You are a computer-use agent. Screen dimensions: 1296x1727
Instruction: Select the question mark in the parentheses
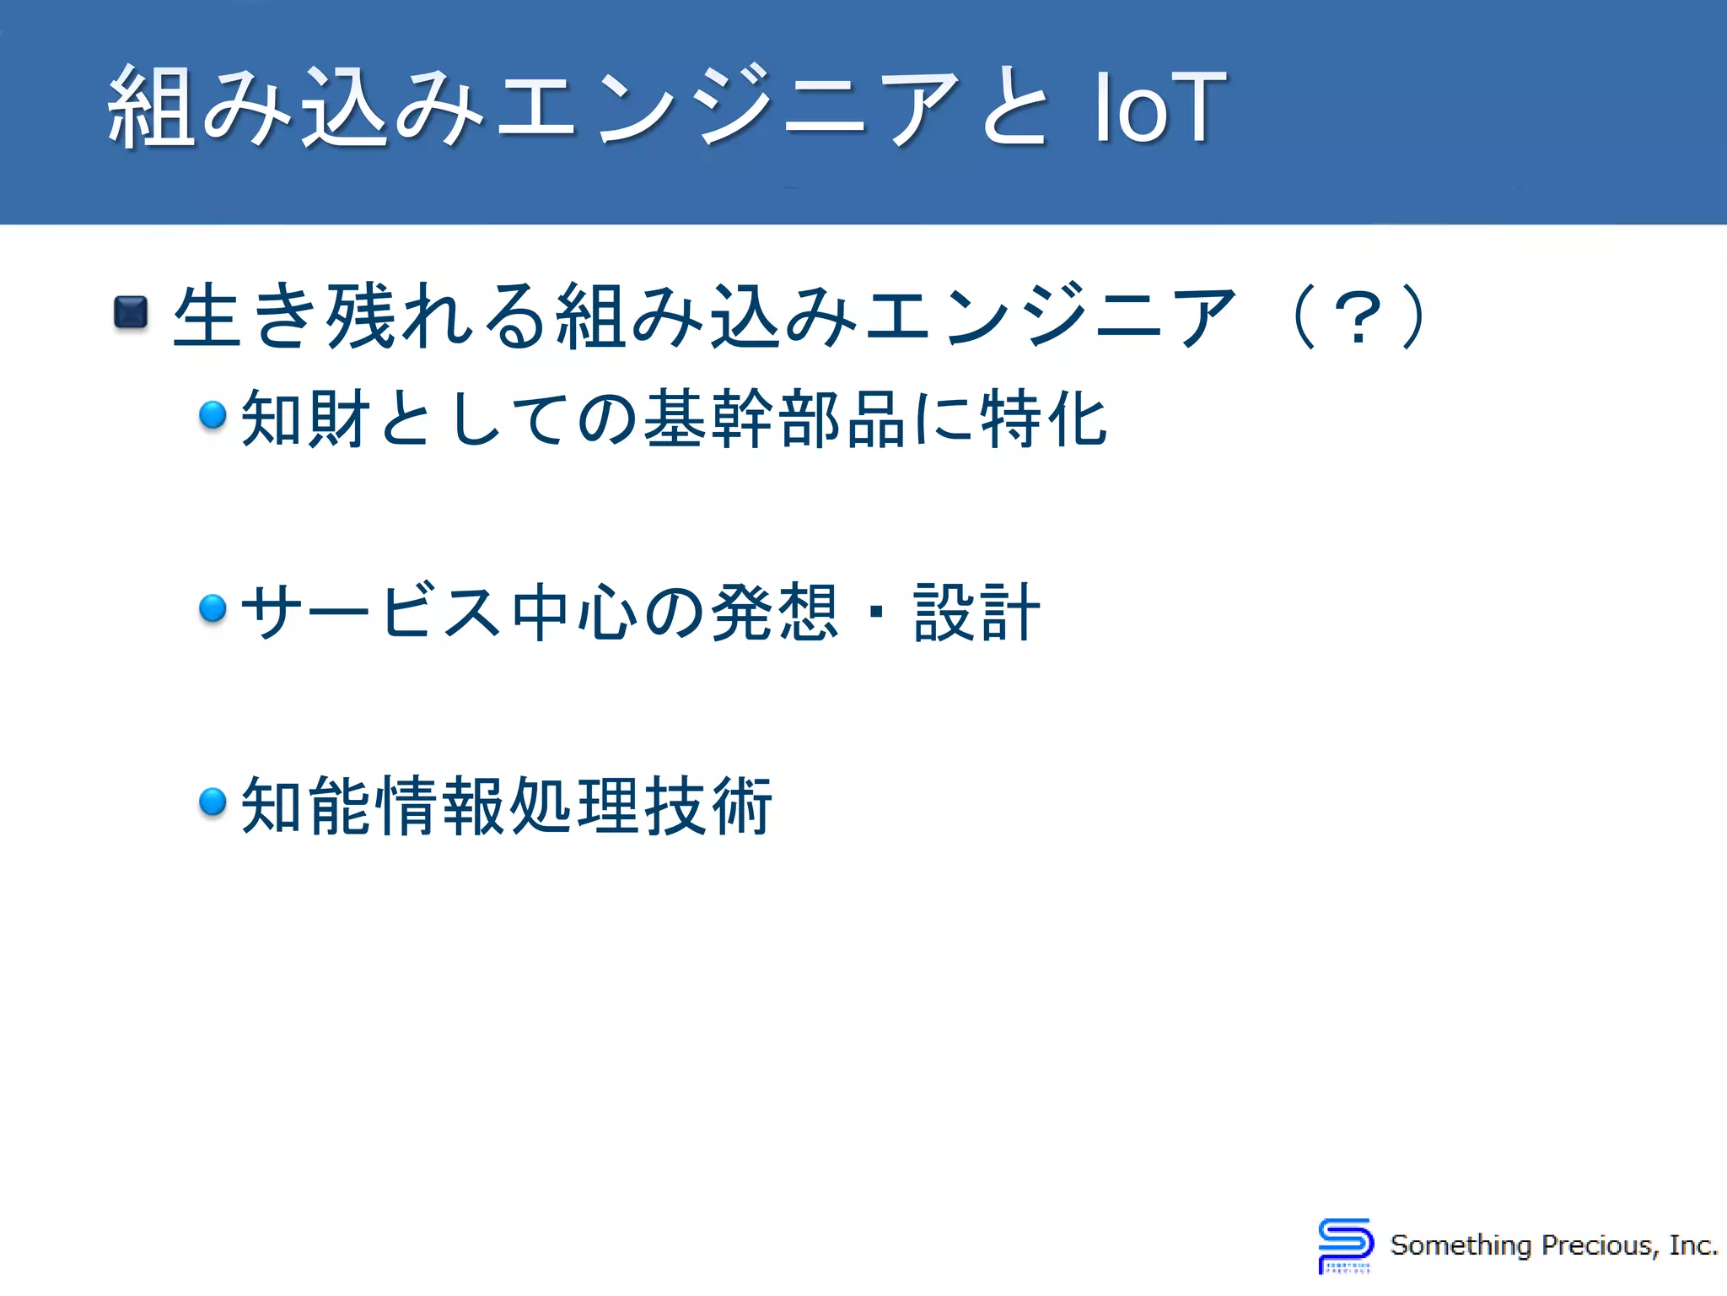tap(1358, 317)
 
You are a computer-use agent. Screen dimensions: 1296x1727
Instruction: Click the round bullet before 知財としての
tap(213, 414)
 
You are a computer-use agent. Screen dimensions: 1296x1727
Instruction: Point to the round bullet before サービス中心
tap(213, 607)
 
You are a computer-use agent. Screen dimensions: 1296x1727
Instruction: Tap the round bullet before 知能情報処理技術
tap(213, 801)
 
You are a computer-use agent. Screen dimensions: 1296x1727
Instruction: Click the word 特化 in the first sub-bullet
tap(1044, 418)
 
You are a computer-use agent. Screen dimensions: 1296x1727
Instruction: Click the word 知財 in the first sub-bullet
tap(307, 418)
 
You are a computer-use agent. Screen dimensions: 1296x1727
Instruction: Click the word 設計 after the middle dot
tap(976, 612)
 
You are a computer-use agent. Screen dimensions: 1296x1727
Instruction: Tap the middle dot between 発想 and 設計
tap(877, 612)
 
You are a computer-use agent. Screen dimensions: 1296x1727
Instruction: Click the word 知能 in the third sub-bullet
tap(307, 806)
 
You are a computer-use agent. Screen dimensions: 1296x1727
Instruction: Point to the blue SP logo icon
tap(1345, 1245)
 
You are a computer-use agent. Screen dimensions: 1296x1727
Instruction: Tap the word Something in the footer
tap(1461, 1245)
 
